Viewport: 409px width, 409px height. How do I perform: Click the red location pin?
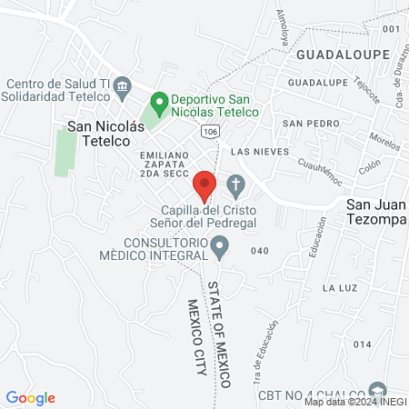(204, 185)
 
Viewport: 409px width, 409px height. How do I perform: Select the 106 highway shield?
(210, 133)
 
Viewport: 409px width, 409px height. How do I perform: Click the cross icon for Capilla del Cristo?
(235, 187)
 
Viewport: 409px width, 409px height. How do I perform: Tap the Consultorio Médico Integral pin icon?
(219, 245)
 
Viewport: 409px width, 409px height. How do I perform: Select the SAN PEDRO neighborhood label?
(304, 123)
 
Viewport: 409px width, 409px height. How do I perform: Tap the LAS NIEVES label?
(259, 151)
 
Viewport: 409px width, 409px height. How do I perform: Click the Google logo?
(31, 397)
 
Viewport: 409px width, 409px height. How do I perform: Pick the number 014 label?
(363, 344)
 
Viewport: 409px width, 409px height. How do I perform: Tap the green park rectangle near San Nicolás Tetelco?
(65, 153)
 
